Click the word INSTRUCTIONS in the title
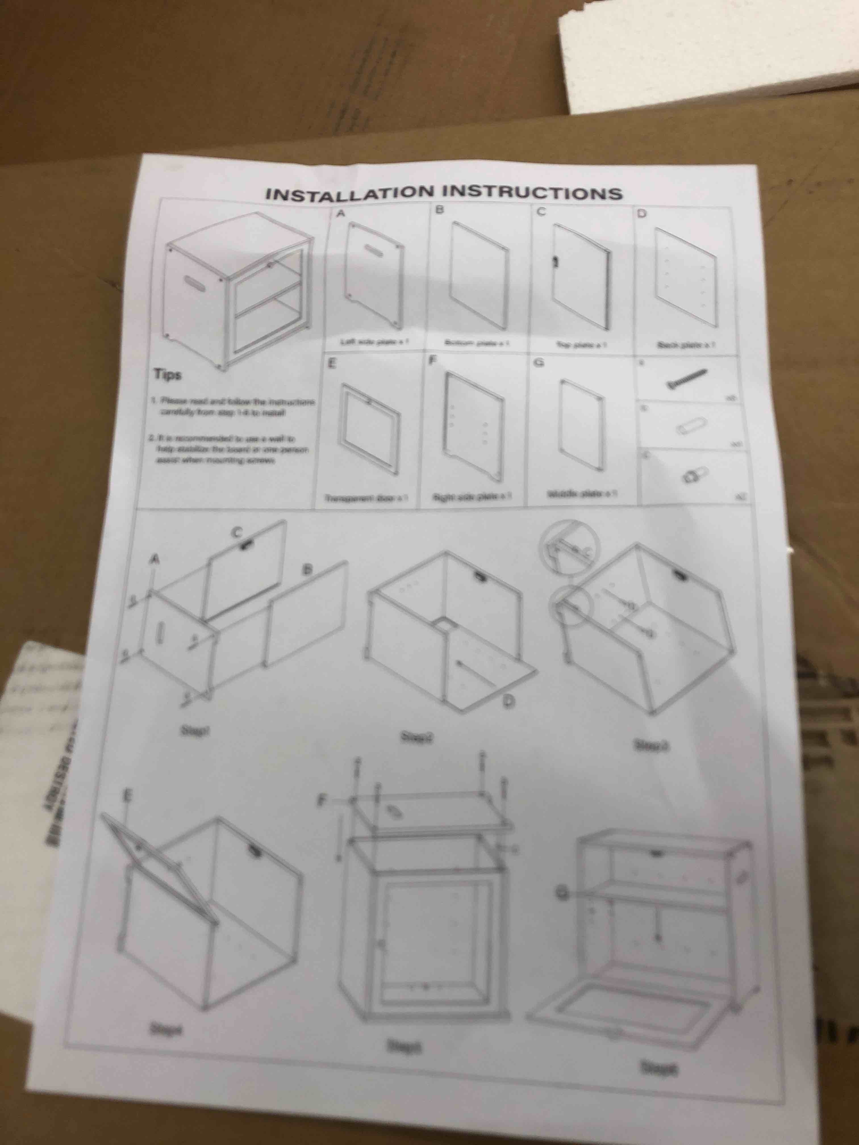533,193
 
